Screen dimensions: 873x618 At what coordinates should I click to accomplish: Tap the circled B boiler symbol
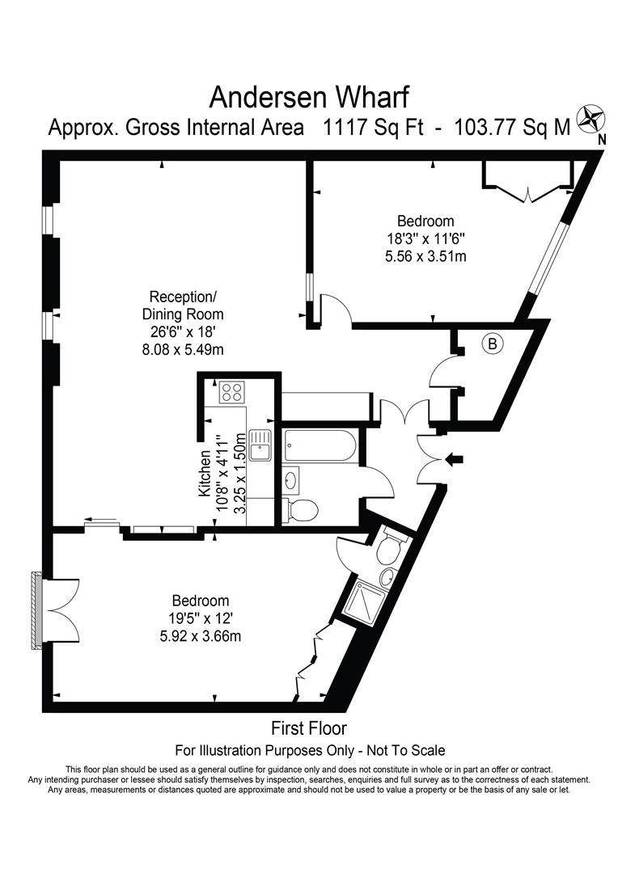tap(493, 344)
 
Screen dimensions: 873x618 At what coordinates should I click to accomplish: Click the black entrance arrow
tap(454, 459)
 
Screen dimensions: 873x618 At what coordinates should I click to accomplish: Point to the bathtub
tap(320, 445)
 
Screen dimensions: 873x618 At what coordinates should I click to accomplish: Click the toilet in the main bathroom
tap(303, 509)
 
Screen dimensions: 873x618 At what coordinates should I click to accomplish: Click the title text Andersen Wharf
tap(309, 96)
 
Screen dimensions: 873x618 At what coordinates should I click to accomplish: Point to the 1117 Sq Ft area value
tap(374, 127)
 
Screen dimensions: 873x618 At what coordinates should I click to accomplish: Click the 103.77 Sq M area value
tap(513, 127)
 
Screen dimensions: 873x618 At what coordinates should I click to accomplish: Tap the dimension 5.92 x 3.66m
tap(201, 636)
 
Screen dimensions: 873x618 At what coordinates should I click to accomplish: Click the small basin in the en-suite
tap(389, 576)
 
